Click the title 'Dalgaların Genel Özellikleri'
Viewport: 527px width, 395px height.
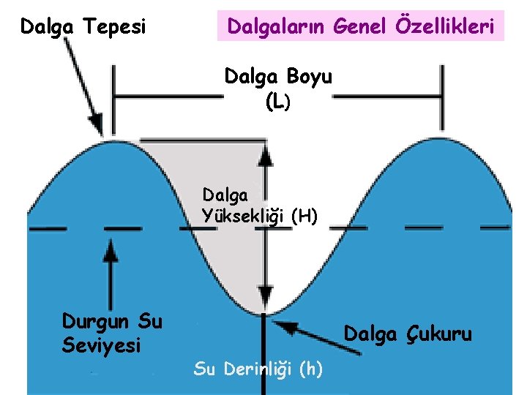[x=362, y=27]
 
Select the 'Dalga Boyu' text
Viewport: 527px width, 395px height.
[x=278, y=77]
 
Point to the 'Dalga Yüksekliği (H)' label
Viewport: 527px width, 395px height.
[x=260, y=206]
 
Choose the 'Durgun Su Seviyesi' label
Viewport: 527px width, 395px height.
[x=112, y=333]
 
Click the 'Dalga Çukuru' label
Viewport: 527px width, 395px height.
[x=408, y=334]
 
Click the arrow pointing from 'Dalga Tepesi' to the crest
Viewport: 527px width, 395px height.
[x=81, y=83]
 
